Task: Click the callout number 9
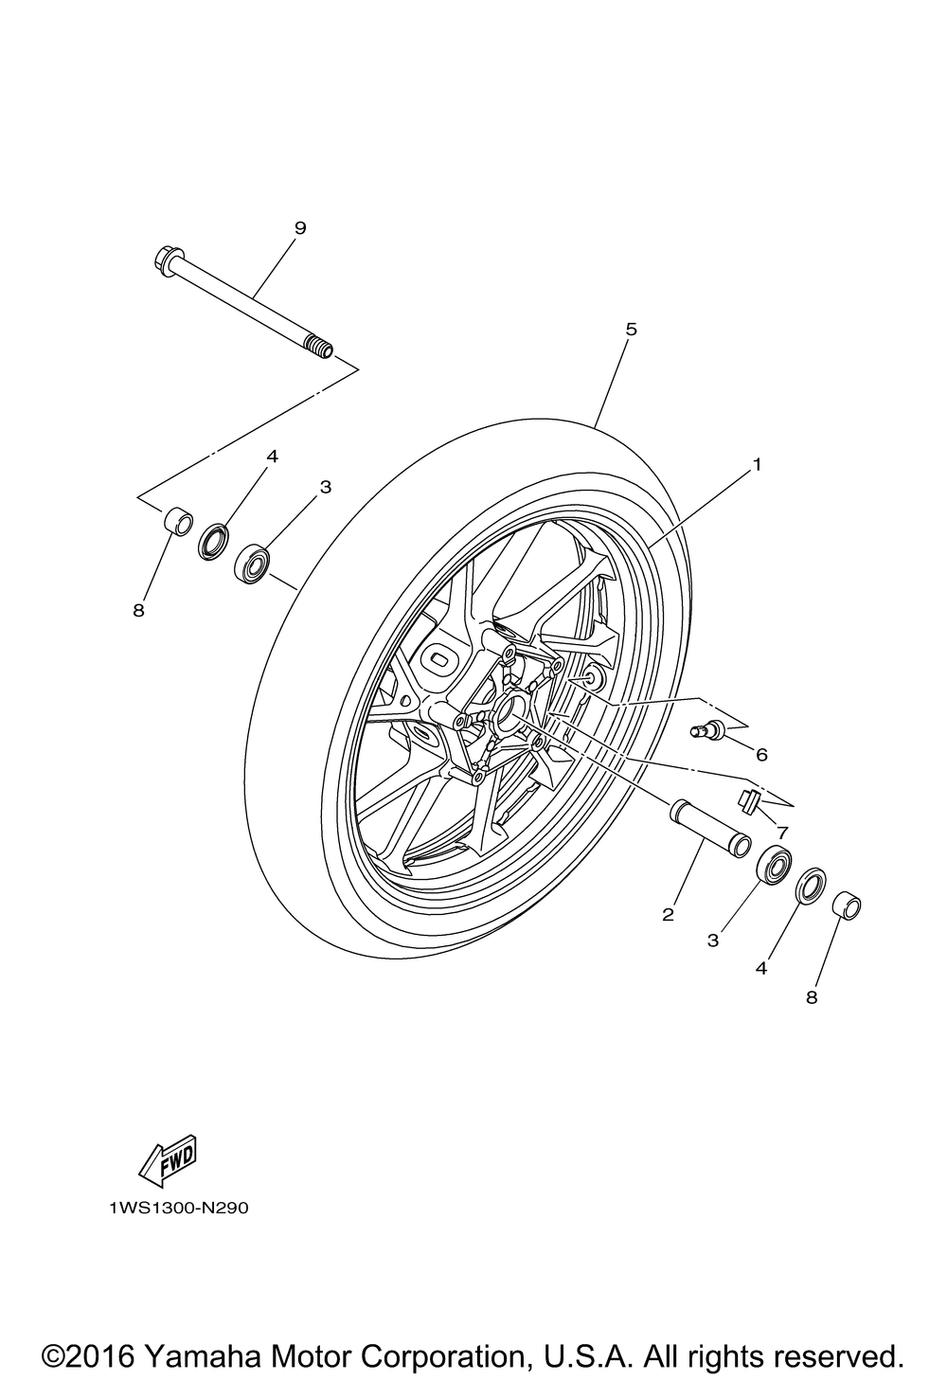click(300, 227)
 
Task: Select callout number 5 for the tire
click(632, 330)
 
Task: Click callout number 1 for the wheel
click(757, 464)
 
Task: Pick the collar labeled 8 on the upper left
click(177, 521)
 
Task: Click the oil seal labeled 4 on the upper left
click(214, 543)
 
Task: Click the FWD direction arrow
click(166, 1161)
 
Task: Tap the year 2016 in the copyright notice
click(105, 1355)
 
